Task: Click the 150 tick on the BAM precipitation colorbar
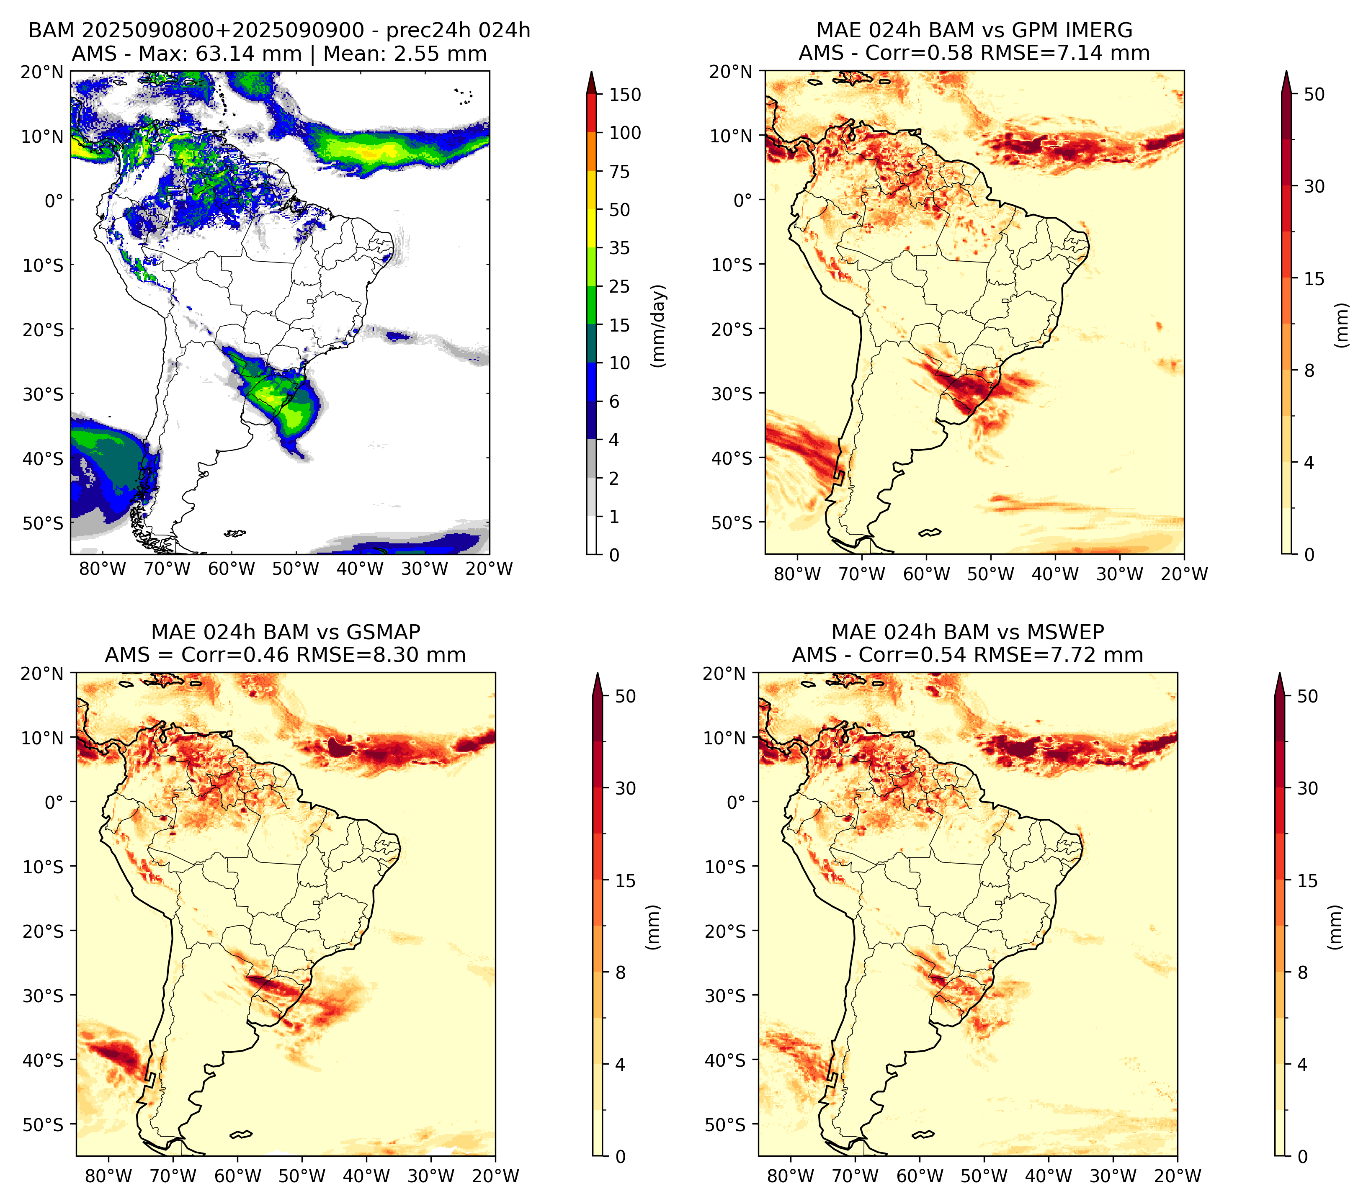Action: point(624,95)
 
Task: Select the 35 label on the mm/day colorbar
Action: point(619,248)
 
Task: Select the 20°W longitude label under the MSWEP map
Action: point(1177,1176)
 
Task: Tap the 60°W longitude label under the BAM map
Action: point(232,569)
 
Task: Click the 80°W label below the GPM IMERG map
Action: point(797,574)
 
